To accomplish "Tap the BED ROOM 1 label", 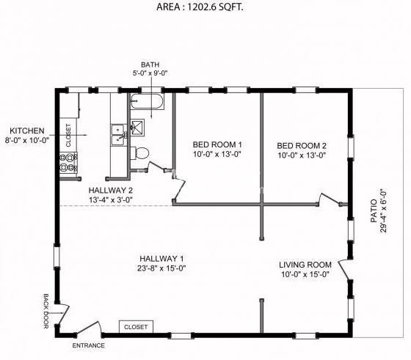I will click(x=217, y=144).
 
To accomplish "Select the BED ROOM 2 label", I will click(x=302, y=144).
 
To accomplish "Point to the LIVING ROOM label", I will click(x=305, y=265).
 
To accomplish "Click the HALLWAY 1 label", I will click(x=161, y=258).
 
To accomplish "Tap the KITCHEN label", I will click(x=27, y=130).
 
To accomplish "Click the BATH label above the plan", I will click(x=150, y=64).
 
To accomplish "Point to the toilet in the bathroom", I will click(x=142, y=153).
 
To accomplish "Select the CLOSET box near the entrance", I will click(x=135, y=327).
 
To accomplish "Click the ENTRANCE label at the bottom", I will click(x=88, y=345).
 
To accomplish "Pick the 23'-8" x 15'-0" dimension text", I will click(x=161, y=268).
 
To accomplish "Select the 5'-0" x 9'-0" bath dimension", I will click(x=150, y=73).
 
